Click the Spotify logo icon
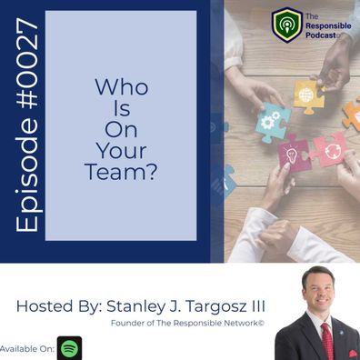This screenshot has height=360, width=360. click(69, 348)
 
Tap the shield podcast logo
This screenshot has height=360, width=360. click(287, 25)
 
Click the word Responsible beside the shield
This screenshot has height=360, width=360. click(328, 26)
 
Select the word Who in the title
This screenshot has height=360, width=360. click(122, 87)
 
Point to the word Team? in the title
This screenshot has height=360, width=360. click(121, 172)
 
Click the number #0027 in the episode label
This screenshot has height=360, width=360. click(27, 63)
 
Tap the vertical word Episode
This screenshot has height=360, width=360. click(28, 175)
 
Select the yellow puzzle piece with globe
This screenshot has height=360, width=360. click(309, 96)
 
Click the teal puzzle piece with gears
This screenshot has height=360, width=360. click(272, 121)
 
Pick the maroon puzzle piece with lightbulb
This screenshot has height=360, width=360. click(294, 154)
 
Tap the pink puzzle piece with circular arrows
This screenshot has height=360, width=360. click(329, 149)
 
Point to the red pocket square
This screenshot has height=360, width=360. click(353, 354)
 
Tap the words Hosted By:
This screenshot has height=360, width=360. click(59, 306)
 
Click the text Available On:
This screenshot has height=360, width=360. click(27, 349)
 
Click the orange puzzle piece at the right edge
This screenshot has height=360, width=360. click(353, 115)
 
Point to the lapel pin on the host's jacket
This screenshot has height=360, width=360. click(342, 333)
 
